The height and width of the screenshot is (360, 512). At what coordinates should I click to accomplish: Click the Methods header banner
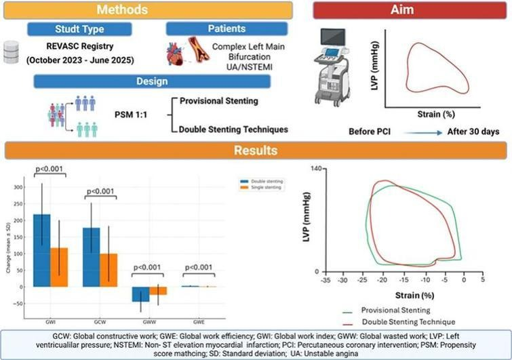[x=146, y=10]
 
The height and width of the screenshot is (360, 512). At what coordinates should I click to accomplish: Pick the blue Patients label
[x=208, y=29]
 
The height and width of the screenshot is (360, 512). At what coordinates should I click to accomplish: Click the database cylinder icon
[x=9, y=52]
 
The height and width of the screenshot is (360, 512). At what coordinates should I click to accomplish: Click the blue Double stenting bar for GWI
[x=42, y=250]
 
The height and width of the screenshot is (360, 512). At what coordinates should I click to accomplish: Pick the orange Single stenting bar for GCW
[x=109, y=270]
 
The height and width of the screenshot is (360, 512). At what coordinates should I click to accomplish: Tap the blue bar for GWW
[x=141, y=294]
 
